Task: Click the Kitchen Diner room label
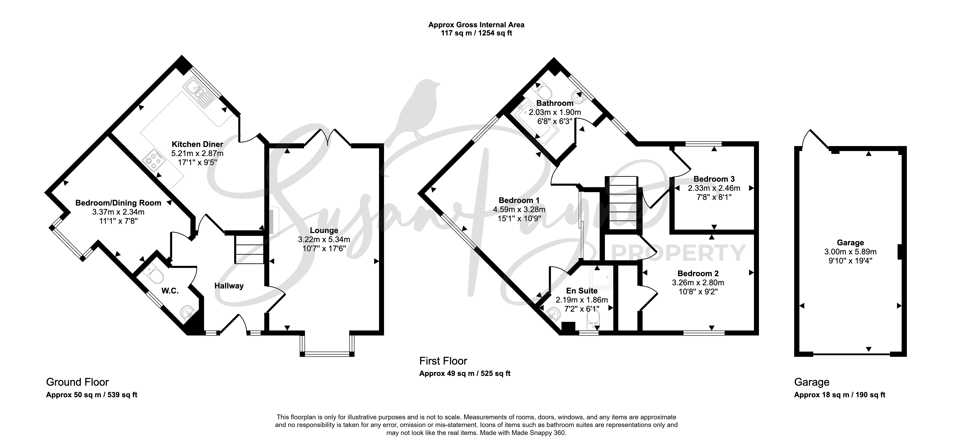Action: (x=197, y=144)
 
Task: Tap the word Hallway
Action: (x=229, y=286)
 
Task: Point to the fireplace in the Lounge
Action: (x=274, y=221)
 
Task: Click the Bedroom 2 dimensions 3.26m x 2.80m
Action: (x=698, y=283)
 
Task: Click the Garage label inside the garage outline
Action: (x=850, y=243)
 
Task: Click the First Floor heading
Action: (x=443, y=361)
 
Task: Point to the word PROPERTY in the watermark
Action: (x=679, y=253)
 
